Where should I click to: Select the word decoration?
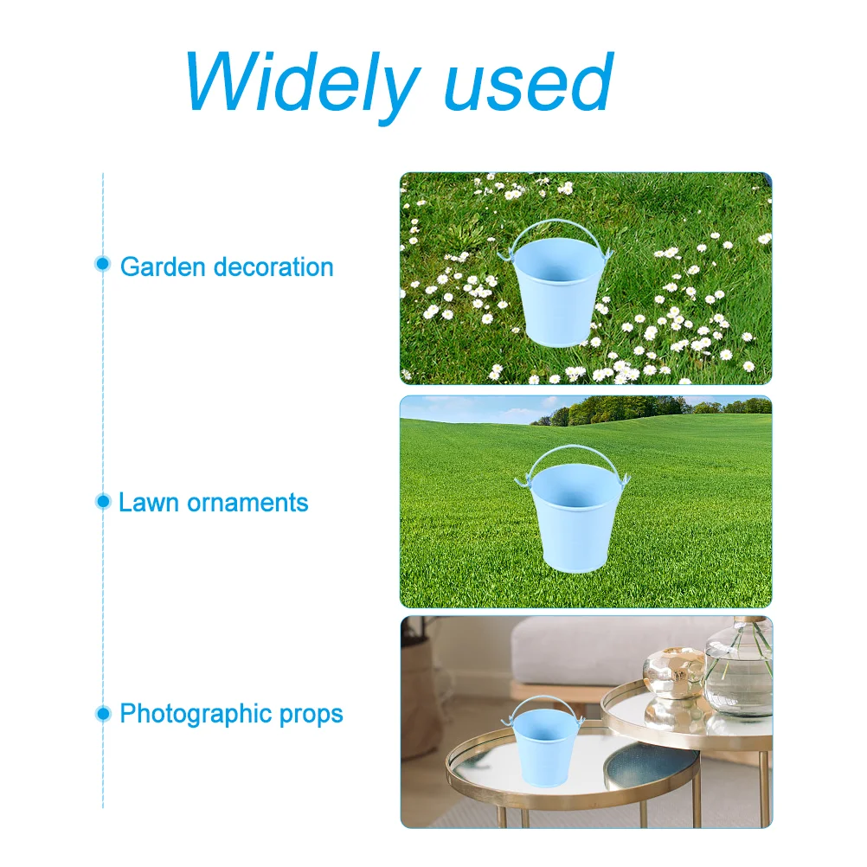273,267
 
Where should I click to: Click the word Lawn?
148,503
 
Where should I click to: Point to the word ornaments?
247,504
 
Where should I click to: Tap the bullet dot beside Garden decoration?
102,264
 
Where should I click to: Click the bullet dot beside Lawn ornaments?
103,501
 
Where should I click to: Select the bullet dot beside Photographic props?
103,713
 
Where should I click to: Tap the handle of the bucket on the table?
543,697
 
